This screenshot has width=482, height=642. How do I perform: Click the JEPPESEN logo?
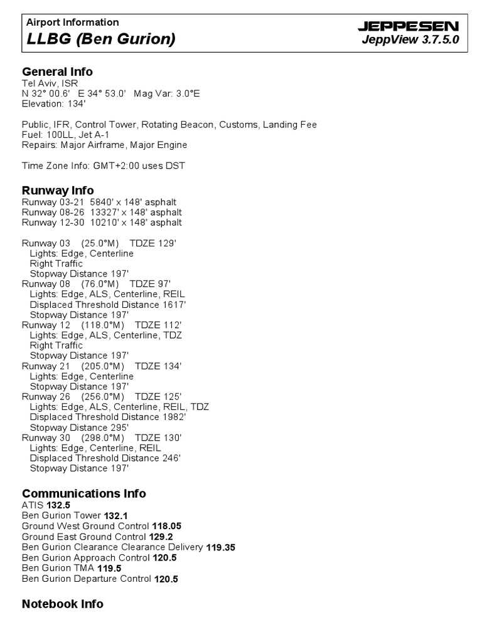[x=408, y=26]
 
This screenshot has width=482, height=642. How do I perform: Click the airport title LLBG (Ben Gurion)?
[x=100, y=39]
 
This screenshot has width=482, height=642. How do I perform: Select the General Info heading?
[x=58, y=71]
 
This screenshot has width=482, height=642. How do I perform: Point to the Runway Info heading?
[x=58, y=190]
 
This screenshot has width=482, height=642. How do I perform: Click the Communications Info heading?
[x=84, y=493]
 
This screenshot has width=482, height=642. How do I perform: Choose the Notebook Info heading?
[x=63, y=604]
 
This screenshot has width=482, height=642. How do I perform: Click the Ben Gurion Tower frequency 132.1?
[x=116, y=515]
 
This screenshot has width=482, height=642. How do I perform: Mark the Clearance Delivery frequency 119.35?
[x=220, y=547]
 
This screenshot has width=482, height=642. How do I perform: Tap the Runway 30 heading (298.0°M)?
[x=102, y=438]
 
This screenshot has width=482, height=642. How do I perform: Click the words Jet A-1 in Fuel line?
[x=92, y=135]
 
